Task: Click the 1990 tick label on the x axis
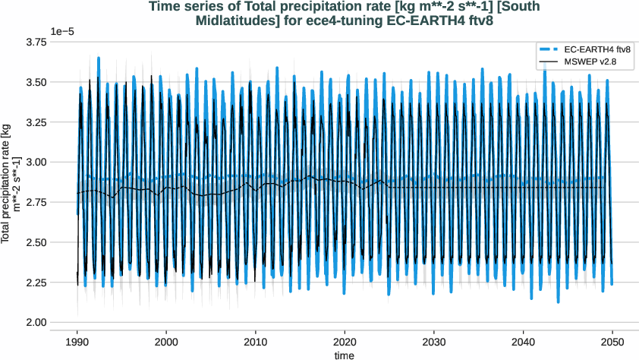pyautogui.click(x=77, y=341)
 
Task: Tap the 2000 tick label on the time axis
pyautogui.click(x=166, y=341)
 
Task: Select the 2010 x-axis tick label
pyautogui.click(x=256, y=341)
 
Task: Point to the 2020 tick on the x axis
pyautogui.click(x=345, y=341)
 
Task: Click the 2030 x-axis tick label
pyautogui.click(x=433, y=341)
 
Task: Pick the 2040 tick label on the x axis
pyautogui.click(x=523, y=341)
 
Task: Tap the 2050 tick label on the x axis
pyautogui.click(x=612, y=341)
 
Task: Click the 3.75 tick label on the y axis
pyautogui.click(x=36, y=42)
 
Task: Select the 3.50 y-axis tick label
pyautogui.click(x=36, y=82)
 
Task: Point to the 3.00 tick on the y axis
pyautogui.click(x=36, y=162)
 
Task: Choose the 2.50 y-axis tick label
pyautogui.click(x=36, y=242)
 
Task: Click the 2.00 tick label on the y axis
pyautogui.click(x=36, y=322)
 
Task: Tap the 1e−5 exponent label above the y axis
pyautogui.click(x=66, y=32)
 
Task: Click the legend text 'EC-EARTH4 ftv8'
pyautogui.click(x=593, y=49)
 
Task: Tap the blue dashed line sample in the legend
pyautogui.click(x=549, y=49)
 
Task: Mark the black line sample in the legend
pyautogui.click(x=549, y=62)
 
